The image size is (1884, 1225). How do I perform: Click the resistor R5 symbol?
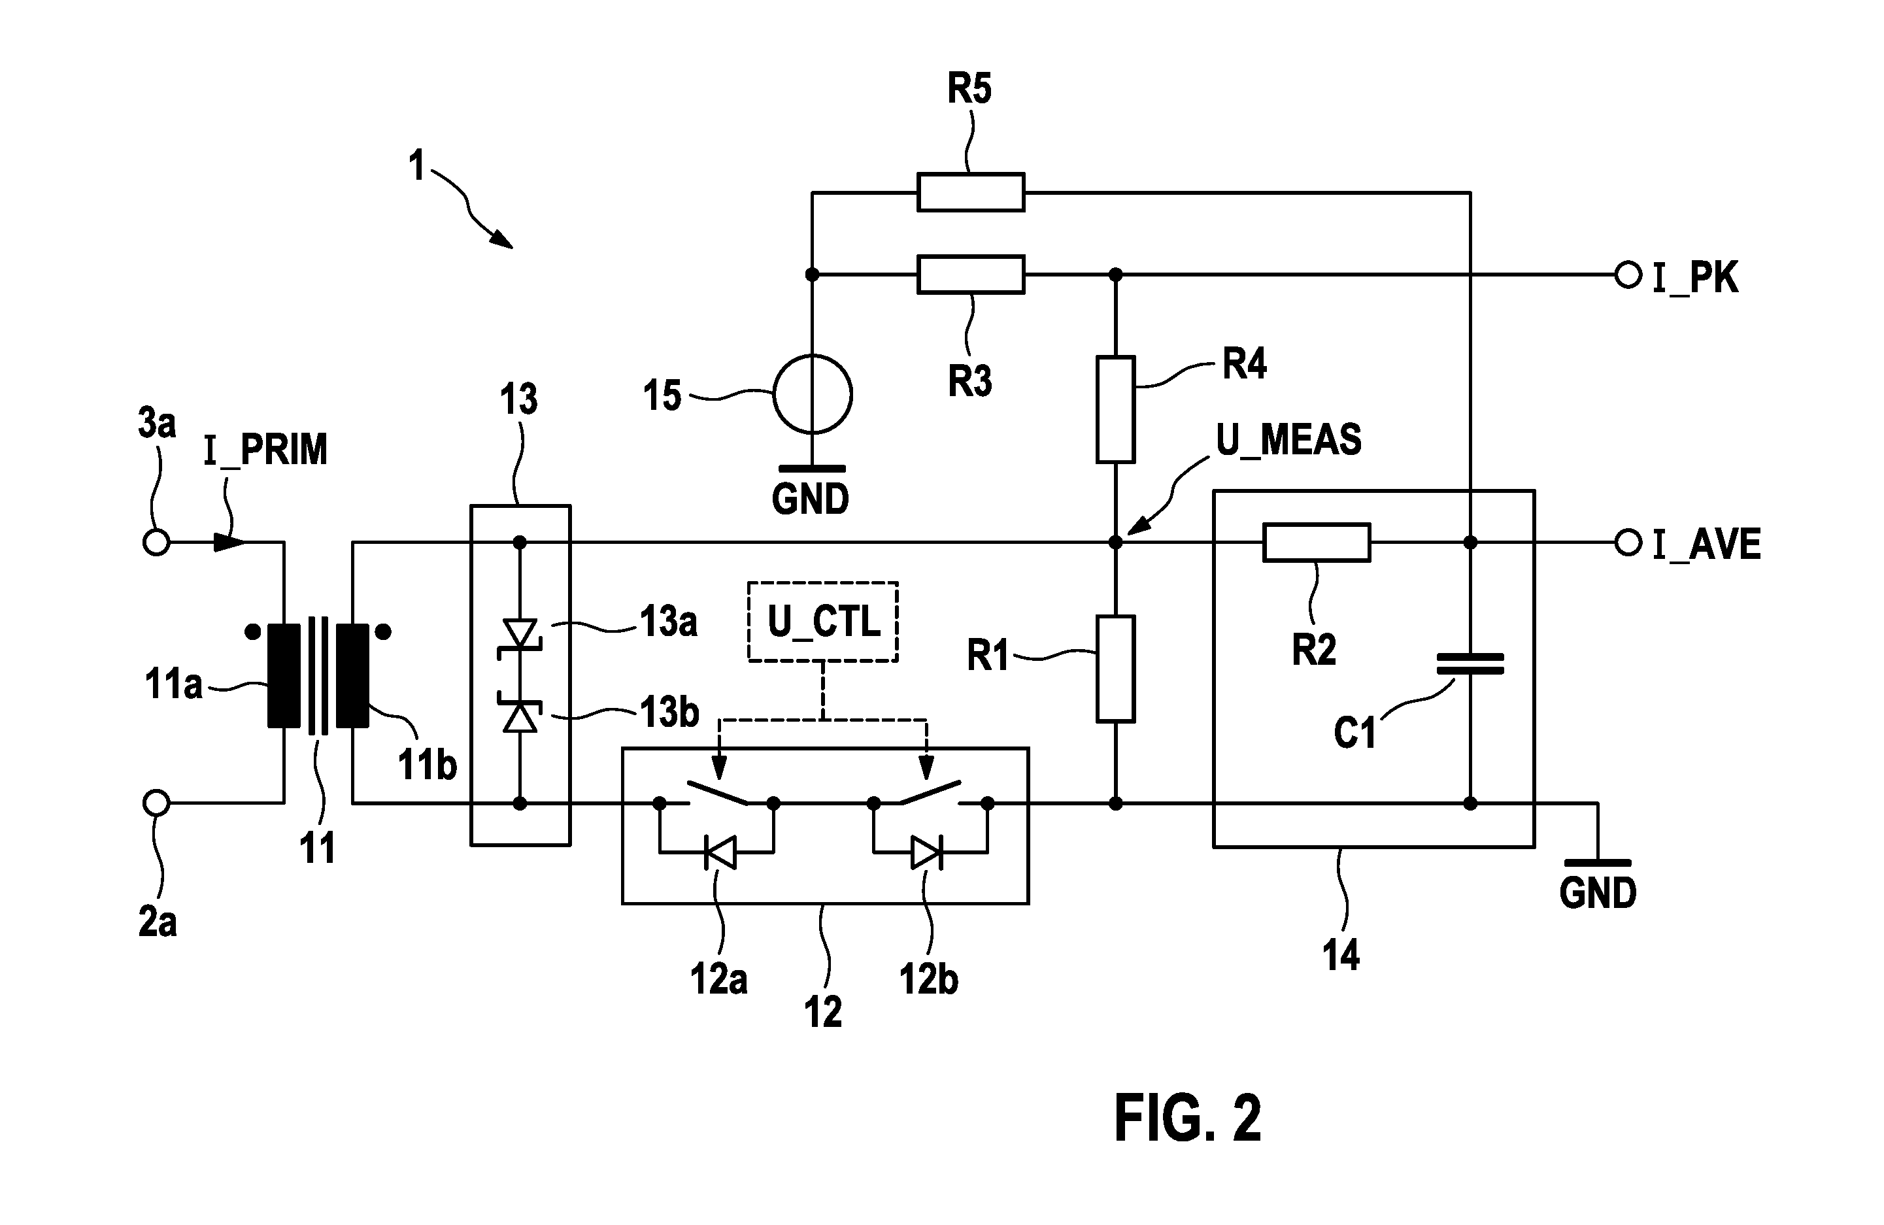click(971, 192)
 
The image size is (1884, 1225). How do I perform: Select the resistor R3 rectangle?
click(971, 275)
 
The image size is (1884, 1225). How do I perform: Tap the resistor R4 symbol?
click(1115, 409)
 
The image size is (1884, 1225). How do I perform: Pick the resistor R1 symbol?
click(1115, 669)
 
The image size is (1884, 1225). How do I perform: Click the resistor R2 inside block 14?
click(1317, 542)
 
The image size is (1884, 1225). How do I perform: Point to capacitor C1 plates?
click(1470, 663)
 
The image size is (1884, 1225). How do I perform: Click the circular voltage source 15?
click(812, 394)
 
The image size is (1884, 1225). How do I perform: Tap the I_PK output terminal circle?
click(1628, 275)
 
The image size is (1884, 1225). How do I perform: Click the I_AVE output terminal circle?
click(1628, 543)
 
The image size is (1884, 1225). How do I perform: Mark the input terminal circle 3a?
click(157, 543)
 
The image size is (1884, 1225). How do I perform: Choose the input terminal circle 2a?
click(157, 803)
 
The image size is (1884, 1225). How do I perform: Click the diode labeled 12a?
click(720, 853)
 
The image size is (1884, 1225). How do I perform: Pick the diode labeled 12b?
click(927, 853)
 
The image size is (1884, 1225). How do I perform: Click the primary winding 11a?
click(284, 675)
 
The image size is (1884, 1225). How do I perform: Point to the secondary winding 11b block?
click(352, 675)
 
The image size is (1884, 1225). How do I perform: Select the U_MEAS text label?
click(1288, 440)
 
